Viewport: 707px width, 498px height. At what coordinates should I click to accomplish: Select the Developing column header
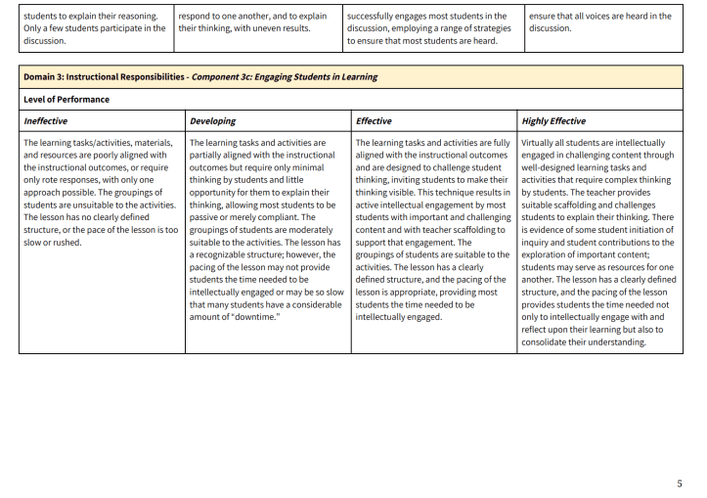[x=214, y=121]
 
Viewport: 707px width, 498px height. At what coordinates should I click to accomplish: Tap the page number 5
[x=680, y=483]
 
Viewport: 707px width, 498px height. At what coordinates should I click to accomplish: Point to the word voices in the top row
[x=606, y=16]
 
